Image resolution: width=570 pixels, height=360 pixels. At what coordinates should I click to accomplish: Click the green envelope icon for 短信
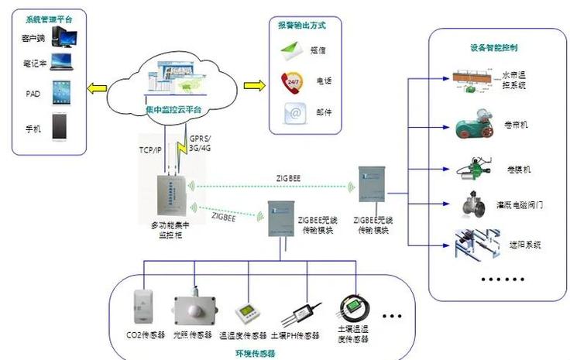pos(292,50)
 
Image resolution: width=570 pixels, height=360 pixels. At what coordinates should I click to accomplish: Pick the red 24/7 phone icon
pos(292,81)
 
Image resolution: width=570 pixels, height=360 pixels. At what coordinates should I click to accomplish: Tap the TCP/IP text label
pos(151,149)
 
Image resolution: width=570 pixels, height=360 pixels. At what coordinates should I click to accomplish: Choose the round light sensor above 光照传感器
pos(189,310)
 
